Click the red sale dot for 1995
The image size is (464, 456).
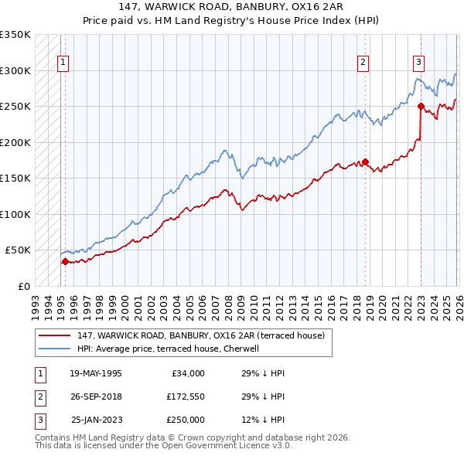click(65, 261)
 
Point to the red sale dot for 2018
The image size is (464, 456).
click(365, 162)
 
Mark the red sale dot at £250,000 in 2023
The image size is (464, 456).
click(421, 106)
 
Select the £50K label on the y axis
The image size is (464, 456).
click(18, 250)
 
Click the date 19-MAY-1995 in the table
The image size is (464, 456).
click(95, 373)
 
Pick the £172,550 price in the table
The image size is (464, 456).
click(186, 396)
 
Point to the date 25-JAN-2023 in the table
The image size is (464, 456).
click(96, 420)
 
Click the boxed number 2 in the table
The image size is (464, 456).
click(39, 396)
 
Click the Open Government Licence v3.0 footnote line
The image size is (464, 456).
click(163, 446)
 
